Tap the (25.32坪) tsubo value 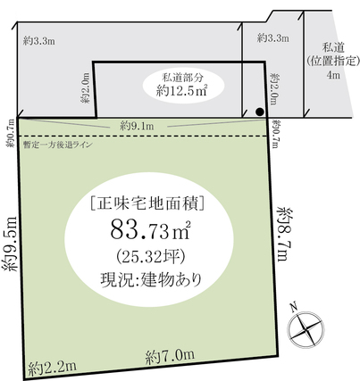(151, 257)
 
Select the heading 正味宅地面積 (147, 204)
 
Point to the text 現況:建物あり (151, 279)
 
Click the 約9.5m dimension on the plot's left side (12, 243)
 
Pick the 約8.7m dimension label (283, 234)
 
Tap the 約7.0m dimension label (171, 356)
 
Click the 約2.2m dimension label (53, 367)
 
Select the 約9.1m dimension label (137, 126)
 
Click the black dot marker (260, 112)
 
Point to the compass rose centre (306, 329)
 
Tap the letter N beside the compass (294, 306)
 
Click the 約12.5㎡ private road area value (181, 90)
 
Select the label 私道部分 (182, 78)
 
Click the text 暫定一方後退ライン (58, 145)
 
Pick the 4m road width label (333, 75)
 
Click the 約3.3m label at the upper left (38, 41)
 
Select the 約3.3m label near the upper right (273, 38)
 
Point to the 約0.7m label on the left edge (11, 134)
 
